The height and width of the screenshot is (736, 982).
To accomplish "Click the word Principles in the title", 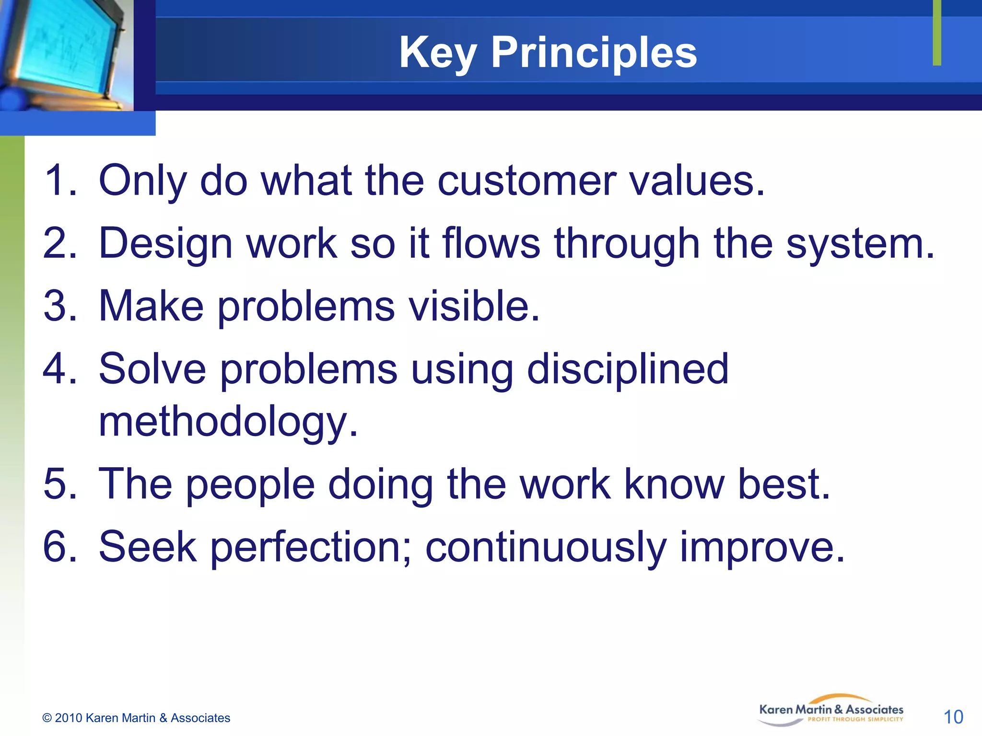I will coord(594,53).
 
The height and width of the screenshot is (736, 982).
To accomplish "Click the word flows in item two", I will coord(491,243).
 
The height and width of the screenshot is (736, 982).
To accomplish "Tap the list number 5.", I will coord(59,484).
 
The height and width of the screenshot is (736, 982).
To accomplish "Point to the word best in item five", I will coord(783,484).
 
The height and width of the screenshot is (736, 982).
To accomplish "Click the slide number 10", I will coord(953,717).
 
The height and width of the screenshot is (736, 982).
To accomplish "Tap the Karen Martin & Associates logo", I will coord(831,710).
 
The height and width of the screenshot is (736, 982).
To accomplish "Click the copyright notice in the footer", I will coord(136,718).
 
